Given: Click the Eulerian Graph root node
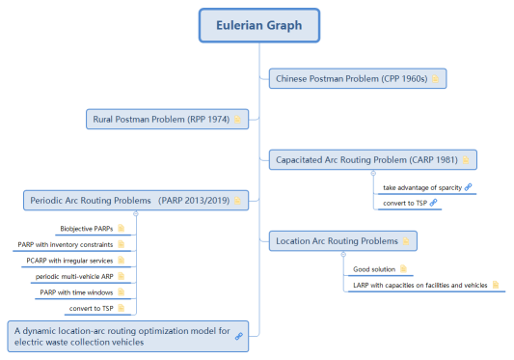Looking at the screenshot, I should coord(258,25).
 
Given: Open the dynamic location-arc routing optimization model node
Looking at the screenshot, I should coord(126,336).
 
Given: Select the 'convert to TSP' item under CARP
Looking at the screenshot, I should coord(404,203).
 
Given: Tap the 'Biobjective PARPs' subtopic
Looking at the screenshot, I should coord(86,229).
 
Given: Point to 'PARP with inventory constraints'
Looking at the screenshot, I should coord(70,244).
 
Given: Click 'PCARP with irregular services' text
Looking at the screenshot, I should coord(69,261).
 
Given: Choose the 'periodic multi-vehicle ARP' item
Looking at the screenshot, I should coord(74,276).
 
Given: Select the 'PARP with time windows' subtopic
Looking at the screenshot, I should coord(78,292).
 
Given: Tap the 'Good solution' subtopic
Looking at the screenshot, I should coord(373,268).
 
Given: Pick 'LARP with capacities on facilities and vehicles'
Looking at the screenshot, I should coord(419,285).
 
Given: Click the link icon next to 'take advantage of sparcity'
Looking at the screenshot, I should coord(468,186).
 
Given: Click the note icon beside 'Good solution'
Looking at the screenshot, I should coord(403,268).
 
